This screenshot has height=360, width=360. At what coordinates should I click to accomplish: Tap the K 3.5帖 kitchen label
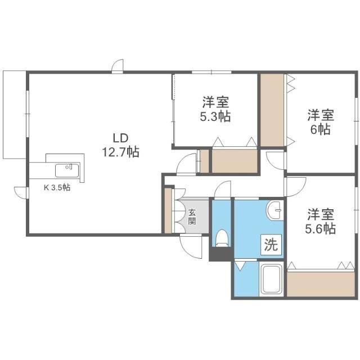pyautogui.click(x=57, y=188)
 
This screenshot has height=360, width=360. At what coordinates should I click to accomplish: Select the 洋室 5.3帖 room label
pyautogui.click(x=216, y=110)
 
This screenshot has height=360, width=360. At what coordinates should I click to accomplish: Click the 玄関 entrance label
pyautogui.click(x=192, y=216)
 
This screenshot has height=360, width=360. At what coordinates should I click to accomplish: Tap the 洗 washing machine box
pyautogui.click(x=271, y=245)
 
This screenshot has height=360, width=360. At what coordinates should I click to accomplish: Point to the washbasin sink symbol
pyautogui.click(x=276, y=210)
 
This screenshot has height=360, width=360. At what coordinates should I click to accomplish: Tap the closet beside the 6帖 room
pyautogui.click(x=272, y=110)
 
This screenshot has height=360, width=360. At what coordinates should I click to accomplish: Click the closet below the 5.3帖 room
pyautogui.click(x=233, y=161)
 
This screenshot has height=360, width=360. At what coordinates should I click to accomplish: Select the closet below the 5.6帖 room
pyautogui.click(x=321, y=283)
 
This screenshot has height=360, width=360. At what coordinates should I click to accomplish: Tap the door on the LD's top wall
pyautogui.click(x=118, y=66)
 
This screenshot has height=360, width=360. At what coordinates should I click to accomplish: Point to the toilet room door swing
pyautogui.click(x=223, y=190)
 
